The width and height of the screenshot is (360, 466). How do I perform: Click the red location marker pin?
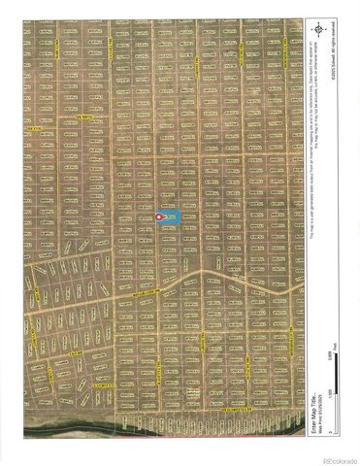click(x=160, y=217)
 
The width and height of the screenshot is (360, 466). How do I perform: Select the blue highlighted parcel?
click(x=171, y=217)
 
